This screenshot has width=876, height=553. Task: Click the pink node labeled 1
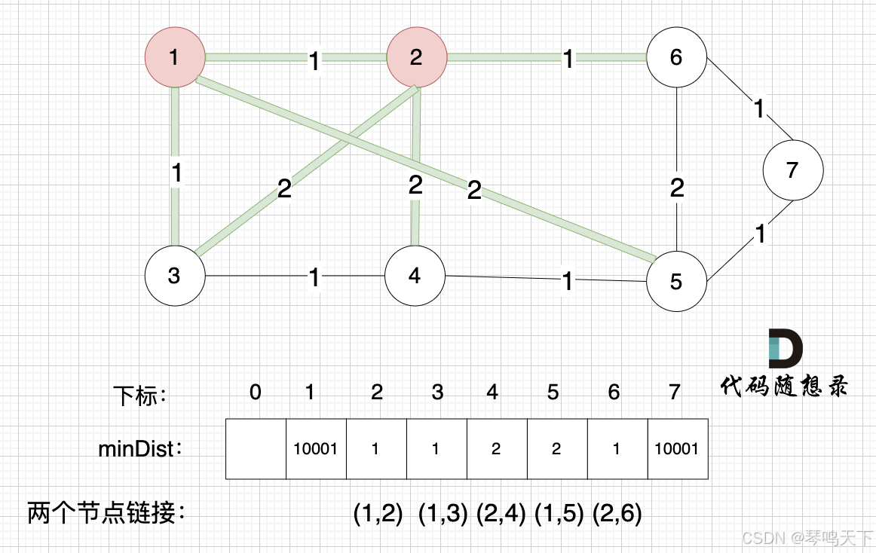click(x=175, y=57)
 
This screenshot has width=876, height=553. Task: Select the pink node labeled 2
click(x=416, y=57)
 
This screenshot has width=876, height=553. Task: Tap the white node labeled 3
click(x=175, y=275)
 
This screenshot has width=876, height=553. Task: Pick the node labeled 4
click(x=415, y=275)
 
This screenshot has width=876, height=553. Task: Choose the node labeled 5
click(x=676, y=281)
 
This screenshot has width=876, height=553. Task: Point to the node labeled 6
click(x=676, y=57)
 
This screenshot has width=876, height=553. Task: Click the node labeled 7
click(x=792, y=170)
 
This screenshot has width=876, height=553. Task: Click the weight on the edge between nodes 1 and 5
click(x=473, y=191)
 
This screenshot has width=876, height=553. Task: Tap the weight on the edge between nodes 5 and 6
click(x=677, y=188)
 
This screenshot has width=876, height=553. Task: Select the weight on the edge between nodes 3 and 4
click(x=314, y=278)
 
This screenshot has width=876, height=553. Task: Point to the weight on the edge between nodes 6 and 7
click(x=759, y=110)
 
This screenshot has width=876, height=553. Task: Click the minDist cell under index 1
click(x=316, y=449)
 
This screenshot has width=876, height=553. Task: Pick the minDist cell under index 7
click(x=678, y=449)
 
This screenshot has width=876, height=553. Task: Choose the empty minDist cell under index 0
click(x=256, y=449)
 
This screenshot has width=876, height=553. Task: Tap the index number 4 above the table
click(x=492, y=392)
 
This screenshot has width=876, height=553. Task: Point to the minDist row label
click(x=141, y=450)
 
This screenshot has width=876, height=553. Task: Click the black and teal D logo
click(x=785, y=348)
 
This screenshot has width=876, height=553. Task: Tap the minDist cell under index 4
click(x=497, y=449)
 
